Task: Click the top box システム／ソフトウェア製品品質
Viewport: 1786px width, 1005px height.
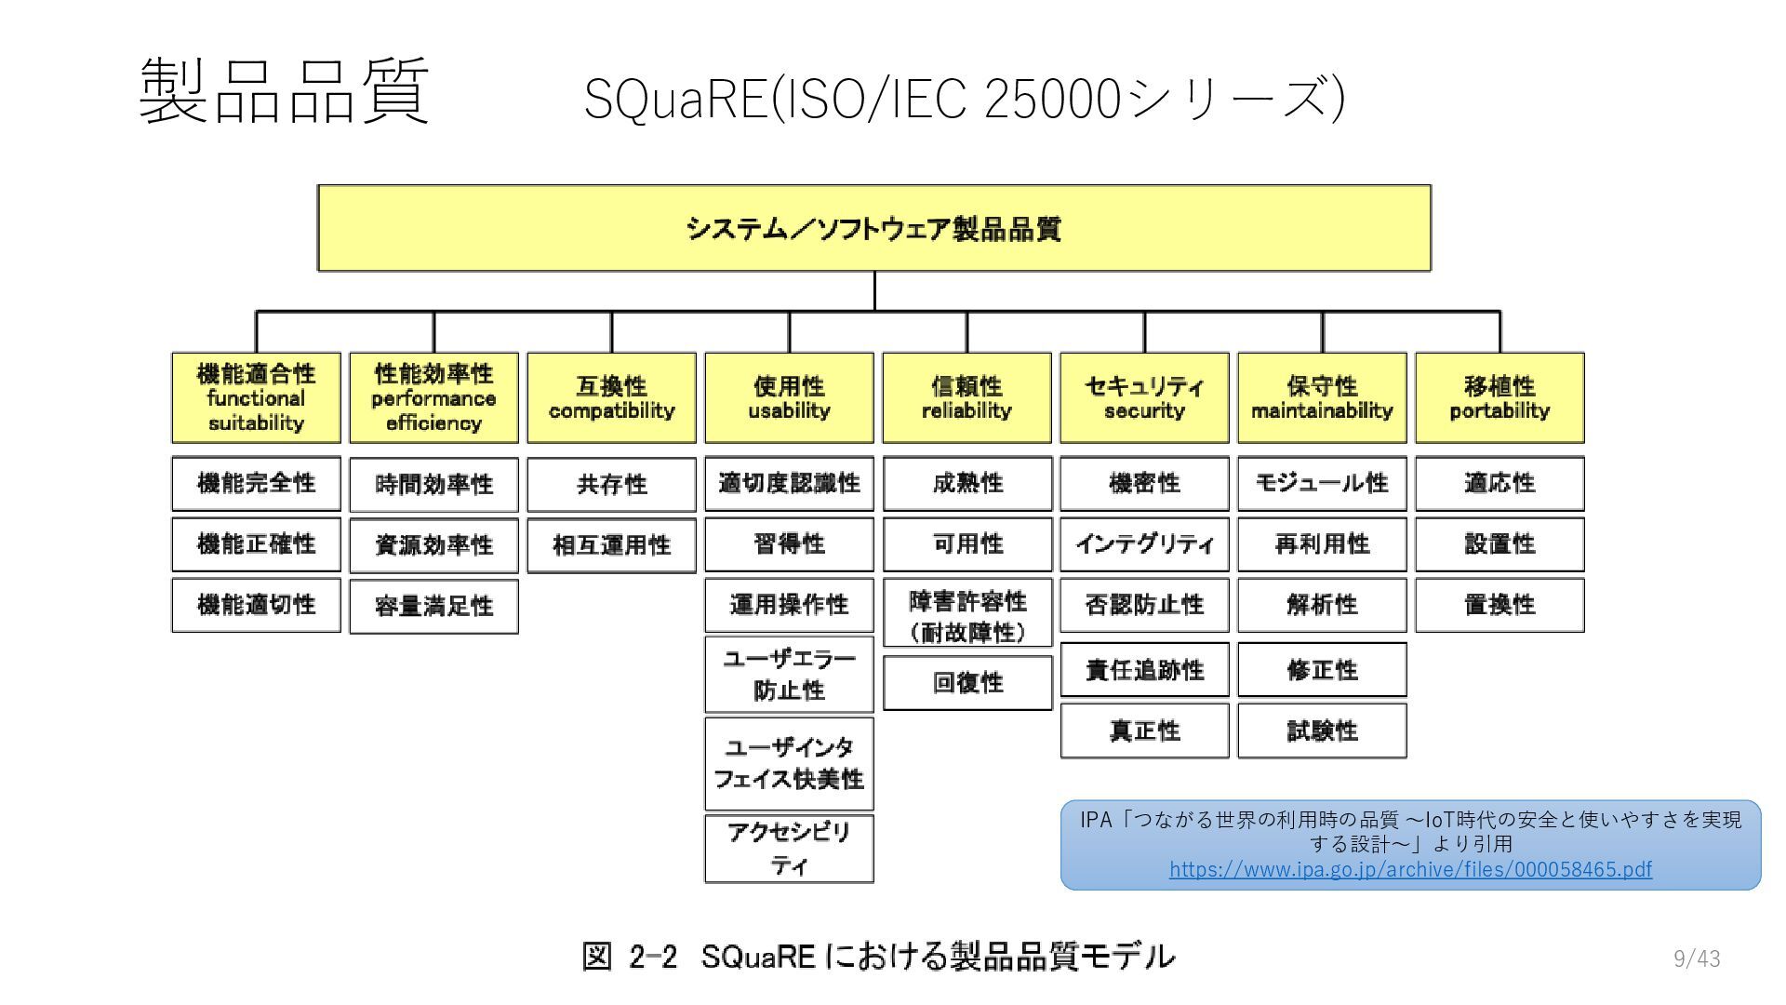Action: pyautogui.click(x=873, y=228)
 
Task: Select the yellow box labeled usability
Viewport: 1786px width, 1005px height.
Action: pyautogui.click(x=789, y=397)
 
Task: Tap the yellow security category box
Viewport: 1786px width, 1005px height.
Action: pyautogui.click(x=1144, y=397)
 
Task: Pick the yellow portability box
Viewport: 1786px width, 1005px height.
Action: pyautogui.click(x=1499, y=397)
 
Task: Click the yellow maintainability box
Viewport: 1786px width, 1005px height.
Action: pyautogui.click(x=1322, y=397)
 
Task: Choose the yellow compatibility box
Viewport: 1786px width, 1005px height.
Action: pyautogui.click(x=611, y=397)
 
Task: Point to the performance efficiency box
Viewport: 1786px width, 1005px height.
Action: pyautogui.click(x=433, y=397)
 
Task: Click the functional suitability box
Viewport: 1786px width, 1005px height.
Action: pyautogui.click(x=256, y=397)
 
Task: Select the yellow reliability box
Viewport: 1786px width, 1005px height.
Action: pyautogui.click(x=966, y=397)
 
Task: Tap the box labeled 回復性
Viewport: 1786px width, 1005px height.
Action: pyautogui.click(x=967, y=683)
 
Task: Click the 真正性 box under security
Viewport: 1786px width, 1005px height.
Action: pyautogui.click(x=1144, y=730)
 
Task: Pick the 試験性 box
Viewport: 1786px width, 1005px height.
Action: pyautogui.click(x=1322, y=730)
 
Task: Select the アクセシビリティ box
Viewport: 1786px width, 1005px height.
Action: pyautogui.click(x=789, y=849)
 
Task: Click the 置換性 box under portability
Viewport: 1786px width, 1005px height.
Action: pyautogui.click(x=1499, y=605)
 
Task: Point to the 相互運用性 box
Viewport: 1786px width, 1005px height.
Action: pyautogui.click(x=611, y=545)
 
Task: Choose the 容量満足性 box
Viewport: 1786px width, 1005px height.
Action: pyautogui.click(x=433, y=607)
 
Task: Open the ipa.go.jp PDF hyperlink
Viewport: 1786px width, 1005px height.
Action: pyautogui.click(x=1410, y=869)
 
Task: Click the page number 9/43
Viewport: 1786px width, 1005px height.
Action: pyautogui.click(x=1697, y=958)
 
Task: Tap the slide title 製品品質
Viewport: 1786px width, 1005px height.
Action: pyautogui.click(x=284, y=91)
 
